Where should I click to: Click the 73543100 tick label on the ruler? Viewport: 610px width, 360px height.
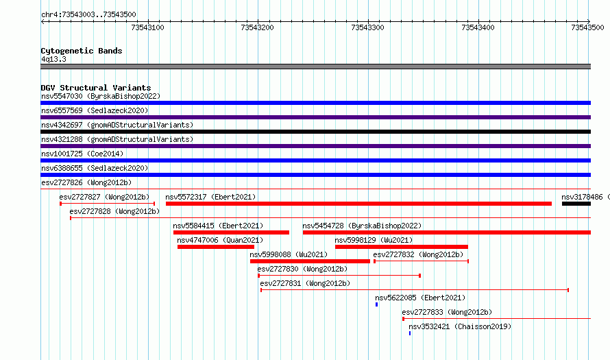click(x=147, y=27)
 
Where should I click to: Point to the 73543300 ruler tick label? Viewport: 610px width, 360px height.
click(x=367, y=27)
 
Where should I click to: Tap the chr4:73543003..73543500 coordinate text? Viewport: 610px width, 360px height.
click(x=88, y=15)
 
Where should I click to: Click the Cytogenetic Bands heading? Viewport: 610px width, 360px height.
click(x=82, y=51)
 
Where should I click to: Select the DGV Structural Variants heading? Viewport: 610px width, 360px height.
click(x=96, y=88)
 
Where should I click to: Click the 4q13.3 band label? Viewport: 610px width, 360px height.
click(x=53, y=59)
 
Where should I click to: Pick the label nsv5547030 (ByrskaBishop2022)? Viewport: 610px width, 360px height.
click(x=101, y=96)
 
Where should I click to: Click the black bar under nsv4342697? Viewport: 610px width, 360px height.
click(x=315, y=132)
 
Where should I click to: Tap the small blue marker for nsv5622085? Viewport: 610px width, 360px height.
click(x=376, y=304)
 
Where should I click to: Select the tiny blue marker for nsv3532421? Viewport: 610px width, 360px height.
click(x=410, y=333)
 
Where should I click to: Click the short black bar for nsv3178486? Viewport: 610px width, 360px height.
click(x=576, y=204)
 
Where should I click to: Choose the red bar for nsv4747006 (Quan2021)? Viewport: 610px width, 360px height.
click(x=215, y=247)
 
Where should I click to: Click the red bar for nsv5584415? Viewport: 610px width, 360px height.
click(x=231, y=232)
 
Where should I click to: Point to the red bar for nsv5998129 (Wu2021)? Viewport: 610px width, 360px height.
click(x=402, y=247)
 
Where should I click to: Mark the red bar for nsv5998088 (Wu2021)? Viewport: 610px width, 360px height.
click(x=310, y=261)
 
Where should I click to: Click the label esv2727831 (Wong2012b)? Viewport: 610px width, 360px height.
click(x=305, y=283)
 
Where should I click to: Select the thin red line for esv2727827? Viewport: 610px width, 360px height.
click(x=108, y=204)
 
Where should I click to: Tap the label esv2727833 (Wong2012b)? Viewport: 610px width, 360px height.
click(x=447, y=312)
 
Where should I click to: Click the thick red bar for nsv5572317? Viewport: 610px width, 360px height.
click(x=358, y=204)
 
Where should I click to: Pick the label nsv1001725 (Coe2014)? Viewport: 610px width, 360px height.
click(x=82, y=154)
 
